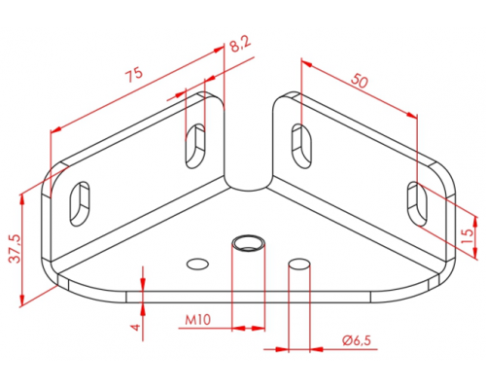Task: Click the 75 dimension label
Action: [134, 75]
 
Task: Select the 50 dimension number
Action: [360, 81]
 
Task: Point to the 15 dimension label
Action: [467, 236]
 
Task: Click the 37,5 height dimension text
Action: [15, 248]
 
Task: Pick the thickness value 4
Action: [137, 327]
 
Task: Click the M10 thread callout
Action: [197, 320]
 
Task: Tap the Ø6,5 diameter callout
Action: [356, 340]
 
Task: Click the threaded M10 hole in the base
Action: [249, 242]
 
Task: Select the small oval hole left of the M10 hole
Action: [197, 264]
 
